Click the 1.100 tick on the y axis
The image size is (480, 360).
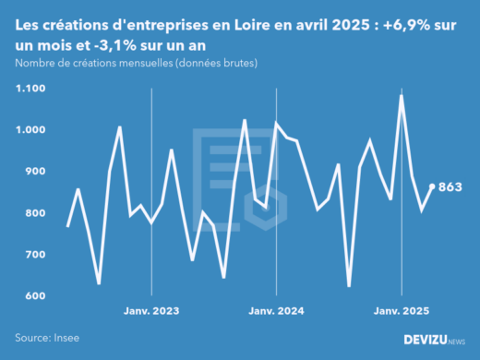(x=30, y=89)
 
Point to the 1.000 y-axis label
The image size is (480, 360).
(x=30, y=130)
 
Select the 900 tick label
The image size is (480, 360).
(x=35, y=172)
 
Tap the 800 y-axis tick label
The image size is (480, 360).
(x=35, y=213)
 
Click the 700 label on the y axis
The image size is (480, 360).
(x=35, y=255)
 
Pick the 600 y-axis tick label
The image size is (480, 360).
(x=35, y=296)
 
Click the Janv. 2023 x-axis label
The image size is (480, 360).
(x=151, y=312)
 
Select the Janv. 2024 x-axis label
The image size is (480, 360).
(x=277, y=312)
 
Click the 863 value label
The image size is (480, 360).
(x=450, y=187)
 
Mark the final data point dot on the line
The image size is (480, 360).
(x=432, y=186)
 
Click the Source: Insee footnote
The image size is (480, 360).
(x=46, y=339)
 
